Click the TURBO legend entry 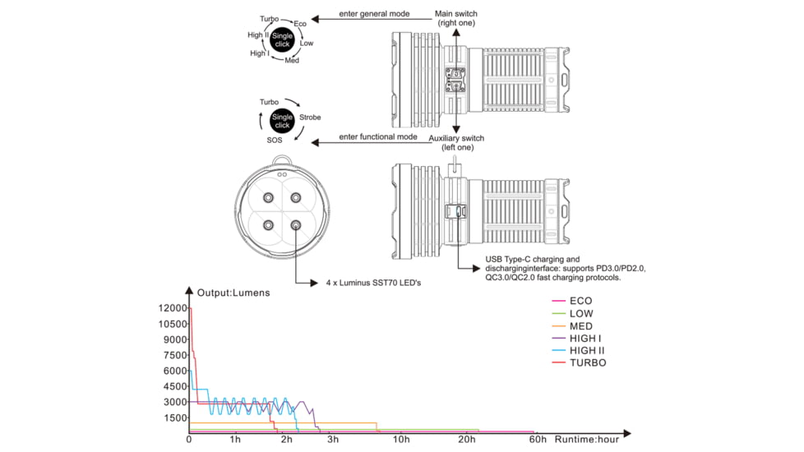579,362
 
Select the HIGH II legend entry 578,351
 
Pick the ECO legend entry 571,301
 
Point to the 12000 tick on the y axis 173,308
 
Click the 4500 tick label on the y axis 176,386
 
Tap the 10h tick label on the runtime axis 401,439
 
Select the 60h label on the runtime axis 538,439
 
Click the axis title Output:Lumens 233,293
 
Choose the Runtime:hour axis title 587,439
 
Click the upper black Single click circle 282,40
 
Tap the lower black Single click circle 282,121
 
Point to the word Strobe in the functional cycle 310,118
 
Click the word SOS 275,140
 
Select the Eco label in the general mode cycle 300,24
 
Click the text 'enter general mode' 374,14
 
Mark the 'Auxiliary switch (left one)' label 456,142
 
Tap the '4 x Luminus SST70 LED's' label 373,283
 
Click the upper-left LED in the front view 268,198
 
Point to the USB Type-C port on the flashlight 455,211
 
